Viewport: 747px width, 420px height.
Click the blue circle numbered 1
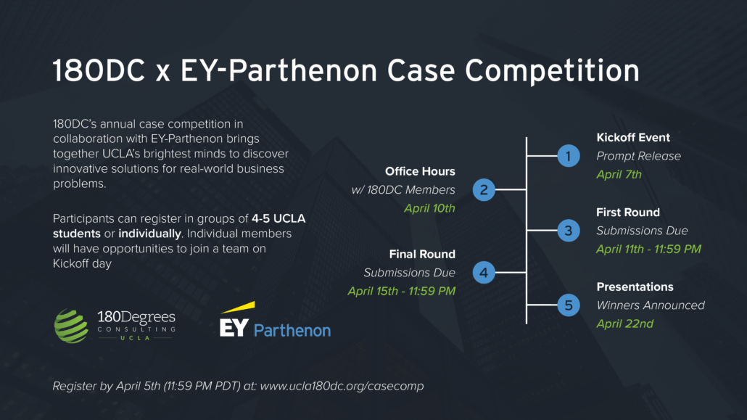click(x=569, y=156)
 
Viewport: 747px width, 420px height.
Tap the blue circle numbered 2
click(x=484, y=190)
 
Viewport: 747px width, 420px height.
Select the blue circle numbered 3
click(x=569, y=230)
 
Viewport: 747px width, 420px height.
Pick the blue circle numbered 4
click(x=484, y=272)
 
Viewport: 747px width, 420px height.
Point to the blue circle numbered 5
click(x=569, y=305)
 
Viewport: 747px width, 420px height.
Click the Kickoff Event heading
click(x=633, y=137)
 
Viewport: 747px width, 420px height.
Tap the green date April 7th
click(x=619, y=175)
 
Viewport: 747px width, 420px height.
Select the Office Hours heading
click(x=420, y=171)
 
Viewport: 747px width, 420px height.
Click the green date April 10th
click(x=429, y=208)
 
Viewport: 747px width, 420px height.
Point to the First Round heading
click(x=628, y=212)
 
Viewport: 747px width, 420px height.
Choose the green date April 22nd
click(x=624, y=324)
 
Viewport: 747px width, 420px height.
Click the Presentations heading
click(x=635, y=287)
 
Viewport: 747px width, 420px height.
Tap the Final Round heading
click(x=422, y=254)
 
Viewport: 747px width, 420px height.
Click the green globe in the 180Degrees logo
click(x=71, y=326)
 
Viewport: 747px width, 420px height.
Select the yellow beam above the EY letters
click(x=238, y=307)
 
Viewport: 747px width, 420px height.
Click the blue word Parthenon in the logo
click(x=292, y=330)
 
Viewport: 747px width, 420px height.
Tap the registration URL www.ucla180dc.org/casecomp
click(x=342, y=386)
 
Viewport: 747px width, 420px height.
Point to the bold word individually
click(x=149, y=234)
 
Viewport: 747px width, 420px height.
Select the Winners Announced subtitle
click(x=651, y=305)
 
